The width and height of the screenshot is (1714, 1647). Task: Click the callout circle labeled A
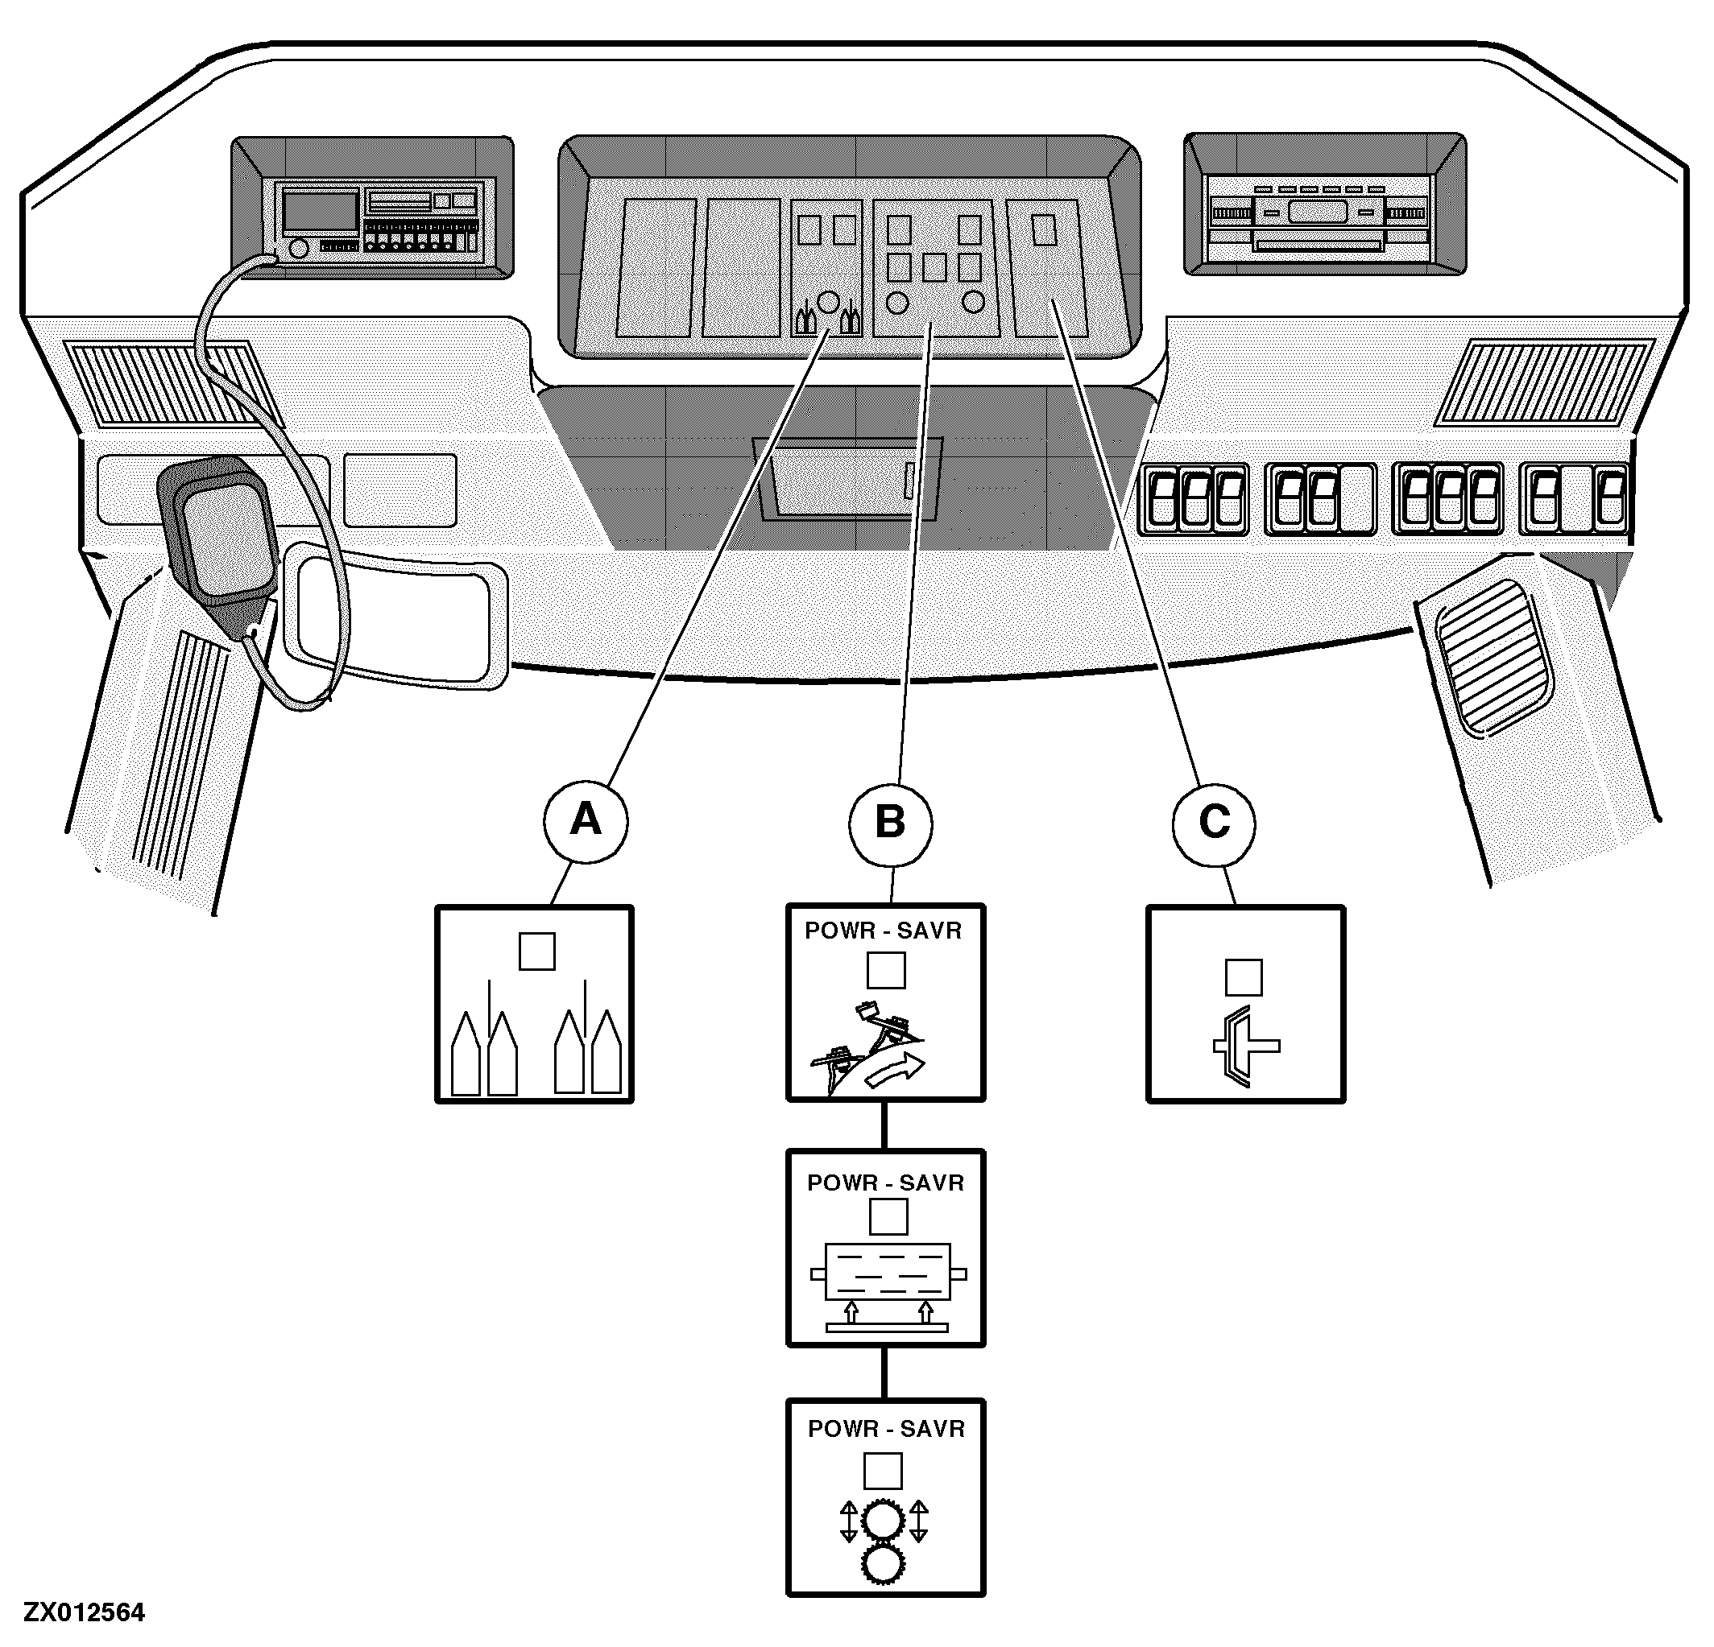coord(585,821)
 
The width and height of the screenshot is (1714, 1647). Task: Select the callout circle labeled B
coord(890,823)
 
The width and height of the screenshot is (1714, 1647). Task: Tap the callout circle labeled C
coord(1214,823)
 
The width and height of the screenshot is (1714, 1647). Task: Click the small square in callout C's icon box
coord(1244,977)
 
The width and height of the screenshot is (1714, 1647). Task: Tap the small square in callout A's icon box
coord(537,951)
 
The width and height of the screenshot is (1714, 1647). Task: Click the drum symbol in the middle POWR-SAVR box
coord(888,1273)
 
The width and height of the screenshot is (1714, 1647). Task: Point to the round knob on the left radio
coord(298,248)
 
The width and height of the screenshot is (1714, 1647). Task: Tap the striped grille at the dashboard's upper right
coord(1542,383)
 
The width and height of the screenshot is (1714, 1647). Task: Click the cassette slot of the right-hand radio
coord(1318,244)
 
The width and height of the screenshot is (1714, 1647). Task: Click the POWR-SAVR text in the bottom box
coord(886,1430)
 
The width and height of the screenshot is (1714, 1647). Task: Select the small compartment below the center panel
coord(847,479)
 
